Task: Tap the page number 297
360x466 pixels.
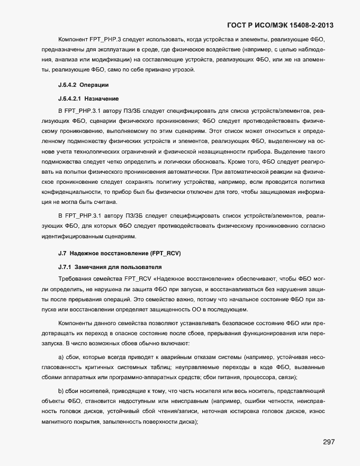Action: click(328, 442)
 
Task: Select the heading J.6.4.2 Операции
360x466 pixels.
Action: click(83, 85)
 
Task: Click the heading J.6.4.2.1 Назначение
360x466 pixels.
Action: click(88, 98)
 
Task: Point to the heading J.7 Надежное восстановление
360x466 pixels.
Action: click(119, 254)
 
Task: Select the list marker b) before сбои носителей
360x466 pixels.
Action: click(61, 390)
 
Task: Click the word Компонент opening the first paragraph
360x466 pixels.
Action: click(77, 40)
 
